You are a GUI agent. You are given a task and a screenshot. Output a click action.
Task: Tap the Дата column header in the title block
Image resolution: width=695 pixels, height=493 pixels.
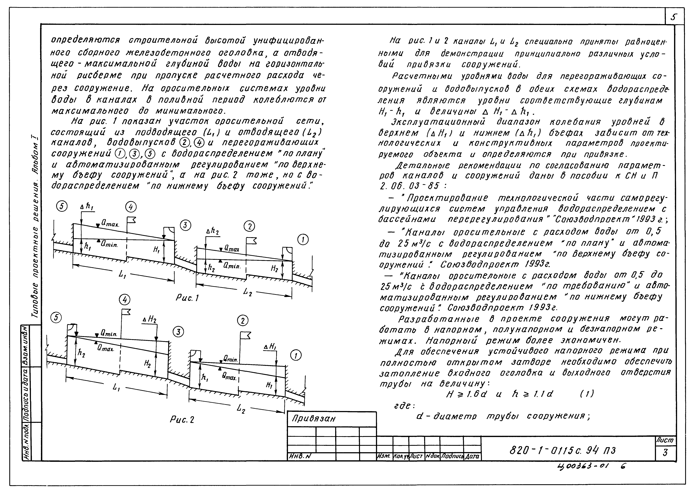[x=472, y=456]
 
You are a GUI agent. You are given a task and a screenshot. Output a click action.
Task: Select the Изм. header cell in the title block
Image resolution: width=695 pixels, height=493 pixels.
[x=384, y=456]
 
